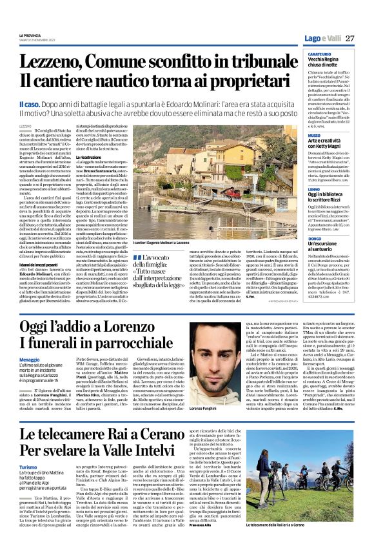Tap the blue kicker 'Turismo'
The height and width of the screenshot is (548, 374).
point(46,467)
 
